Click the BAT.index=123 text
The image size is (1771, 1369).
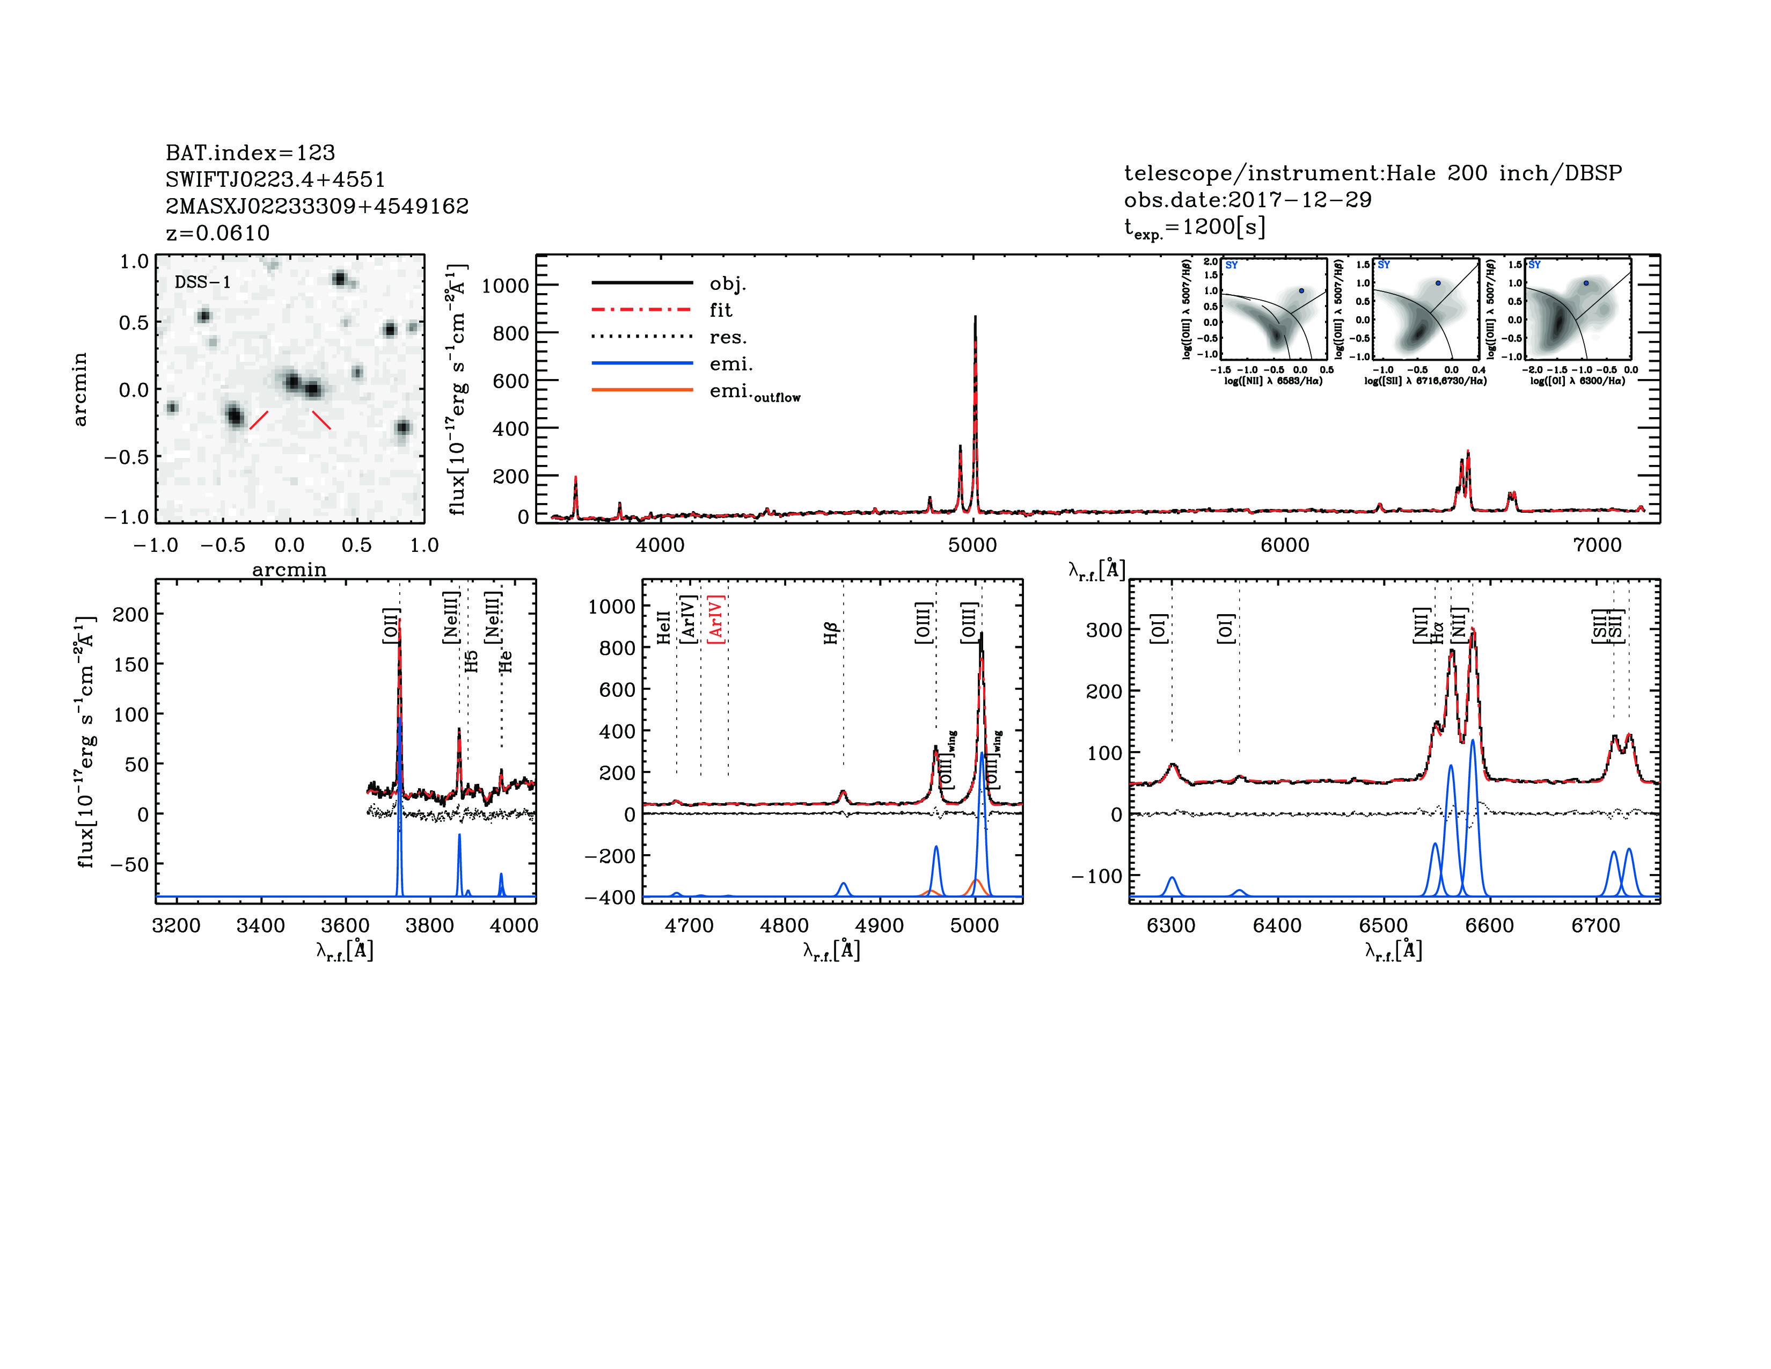250,152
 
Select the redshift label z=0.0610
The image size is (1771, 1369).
217,233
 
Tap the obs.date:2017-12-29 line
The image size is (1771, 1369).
1247,200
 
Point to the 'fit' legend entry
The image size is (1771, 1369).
720,310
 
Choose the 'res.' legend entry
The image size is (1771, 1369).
727,337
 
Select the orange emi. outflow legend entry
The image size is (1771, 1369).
754,392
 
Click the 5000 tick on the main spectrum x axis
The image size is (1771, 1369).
972,545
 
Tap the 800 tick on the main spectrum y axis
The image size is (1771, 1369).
504,333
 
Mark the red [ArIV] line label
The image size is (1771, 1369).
715,620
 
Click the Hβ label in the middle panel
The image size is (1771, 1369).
830,633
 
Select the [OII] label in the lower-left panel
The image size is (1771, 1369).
391,625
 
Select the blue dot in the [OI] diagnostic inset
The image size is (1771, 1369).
1586,283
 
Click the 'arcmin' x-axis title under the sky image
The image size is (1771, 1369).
289,569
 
